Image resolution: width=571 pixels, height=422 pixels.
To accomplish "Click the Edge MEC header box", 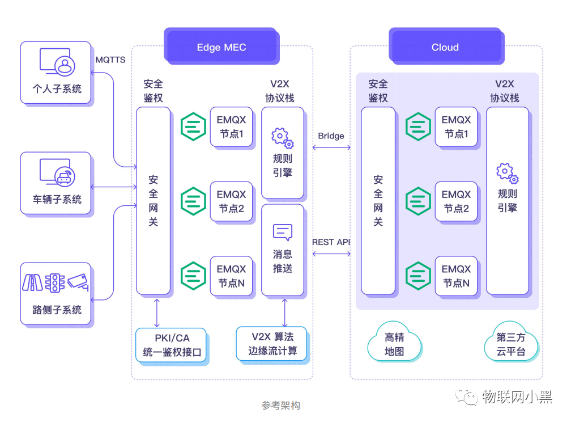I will pos(221,47).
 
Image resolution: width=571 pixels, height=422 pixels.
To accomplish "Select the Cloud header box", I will pos(445,47).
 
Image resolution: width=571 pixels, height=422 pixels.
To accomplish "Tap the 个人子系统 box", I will pos(56,73).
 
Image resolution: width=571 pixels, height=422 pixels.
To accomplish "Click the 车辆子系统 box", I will pos(56,183).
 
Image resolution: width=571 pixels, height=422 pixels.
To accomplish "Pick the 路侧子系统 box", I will pos(56,293).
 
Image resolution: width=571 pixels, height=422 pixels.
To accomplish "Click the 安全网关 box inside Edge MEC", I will pos(153,201).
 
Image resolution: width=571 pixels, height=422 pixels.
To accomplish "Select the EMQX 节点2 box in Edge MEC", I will pos(231,201).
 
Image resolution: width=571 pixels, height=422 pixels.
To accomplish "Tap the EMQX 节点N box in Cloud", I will pos(456,276).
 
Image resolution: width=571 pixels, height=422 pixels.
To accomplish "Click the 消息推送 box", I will pos(282,250).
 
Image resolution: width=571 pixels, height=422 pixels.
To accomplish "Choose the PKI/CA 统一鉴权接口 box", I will pos(172,345).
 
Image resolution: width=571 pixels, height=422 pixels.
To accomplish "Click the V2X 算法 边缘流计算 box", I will pos(272,344).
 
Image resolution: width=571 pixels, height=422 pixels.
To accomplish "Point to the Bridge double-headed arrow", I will pos(331,147).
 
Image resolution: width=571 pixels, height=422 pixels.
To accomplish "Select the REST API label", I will pos(331,242).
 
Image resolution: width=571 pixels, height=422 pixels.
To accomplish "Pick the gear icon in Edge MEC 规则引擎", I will pos(282,138).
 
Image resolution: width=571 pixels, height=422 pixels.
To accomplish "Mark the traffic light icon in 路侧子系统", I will pos(55,282).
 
